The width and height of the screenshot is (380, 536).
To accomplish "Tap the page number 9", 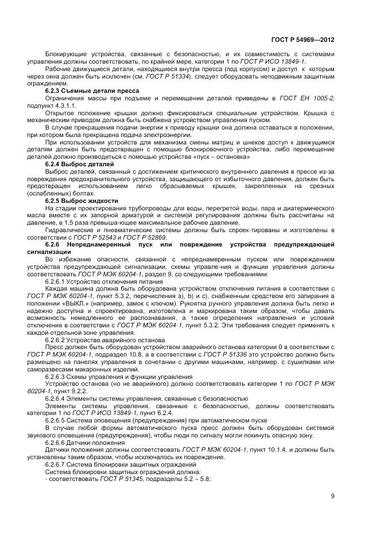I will (x=332, y=496).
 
